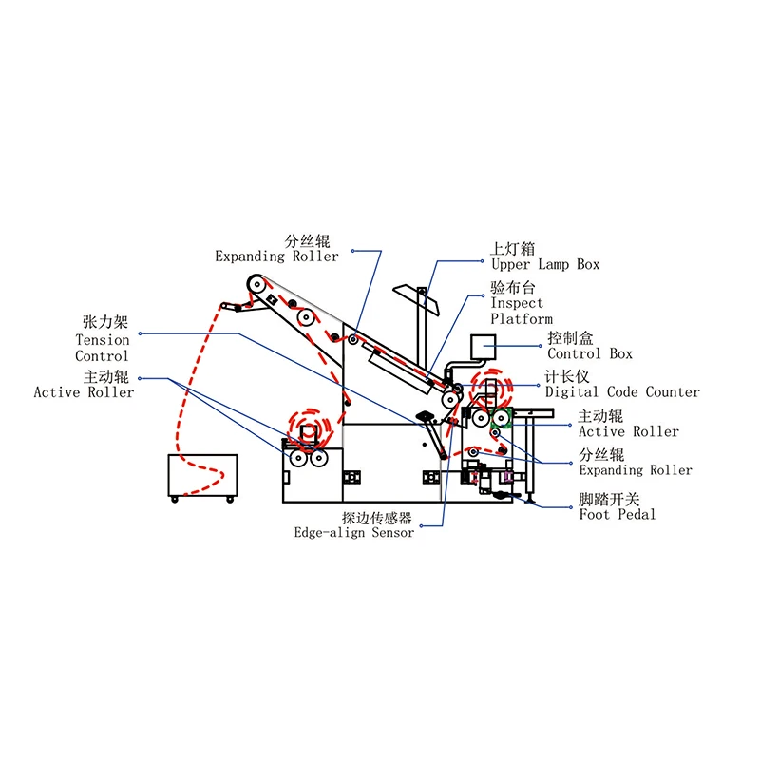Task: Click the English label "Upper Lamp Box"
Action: [544, 265]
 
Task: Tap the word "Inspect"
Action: [517, 304]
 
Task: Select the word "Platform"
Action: [521, 319]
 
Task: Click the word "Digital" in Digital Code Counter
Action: [572, 392]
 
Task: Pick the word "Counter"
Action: [673, 392]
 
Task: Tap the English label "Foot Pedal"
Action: [617, 514]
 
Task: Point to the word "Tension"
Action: [103, 340]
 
